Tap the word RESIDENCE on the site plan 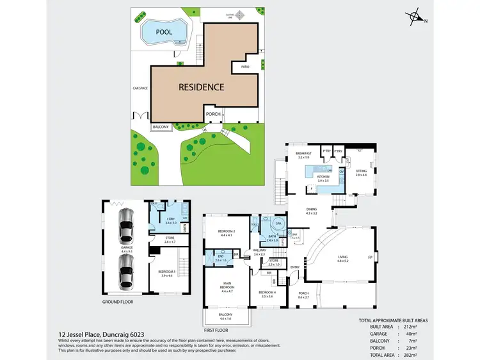click(x=201, y=87)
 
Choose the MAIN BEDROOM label click(x=228, y=287)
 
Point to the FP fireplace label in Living click(x=371, y=258)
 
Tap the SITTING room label click(x=361, y=171)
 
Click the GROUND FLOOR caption click(x=118, y=301)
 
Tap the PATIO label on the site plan click(x=244, y=65)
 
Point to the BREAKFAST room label click(x=303, y=153)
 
